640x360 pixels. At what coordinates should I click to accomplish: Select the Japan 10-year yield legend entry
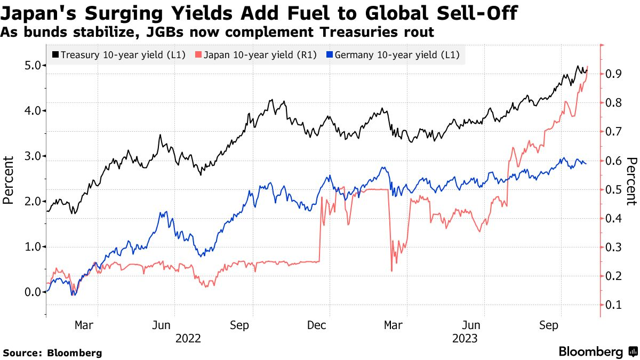(257, 54)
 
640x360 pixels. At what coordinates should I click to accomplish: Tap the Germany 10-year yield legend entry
(393, 54)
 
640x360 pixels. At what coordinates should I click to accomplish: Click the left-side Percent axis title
(8, 180)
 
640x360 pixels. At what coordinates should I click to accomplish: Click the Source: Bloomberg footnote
(52, 353)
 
